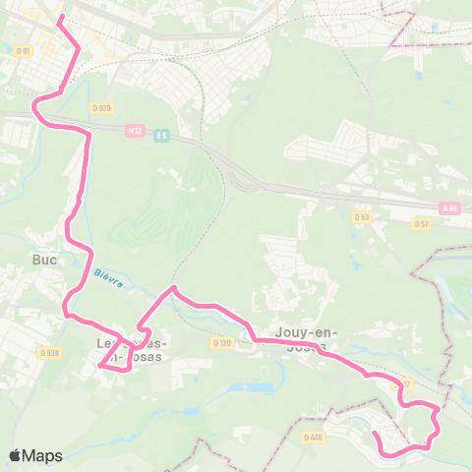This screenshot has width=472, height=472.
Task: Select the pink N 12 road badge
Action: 136,129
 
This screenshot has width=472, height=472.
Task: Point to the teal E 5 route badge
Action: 161,135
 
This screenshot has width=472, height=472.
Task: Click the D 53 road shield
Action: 362,216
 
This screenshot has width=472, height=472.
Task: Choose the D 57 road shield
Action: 422,224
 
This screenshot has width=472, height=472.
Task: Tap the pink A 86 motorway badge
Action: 450,208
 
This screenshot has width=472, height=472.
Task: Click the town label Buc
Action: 44,261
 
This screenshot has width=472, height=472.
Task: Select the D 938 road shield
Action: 50,351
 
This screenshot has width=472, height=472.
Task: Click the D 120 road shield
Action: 221,343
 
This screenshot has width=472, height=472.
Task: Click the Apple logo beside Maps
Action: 16,455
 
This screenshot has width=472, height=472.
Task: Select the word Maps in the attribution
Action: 43,455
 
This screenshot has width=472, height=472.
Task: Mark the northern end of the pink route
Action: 61,17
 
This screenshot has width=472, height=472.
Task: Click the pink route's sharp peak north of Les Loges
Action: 174,287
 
